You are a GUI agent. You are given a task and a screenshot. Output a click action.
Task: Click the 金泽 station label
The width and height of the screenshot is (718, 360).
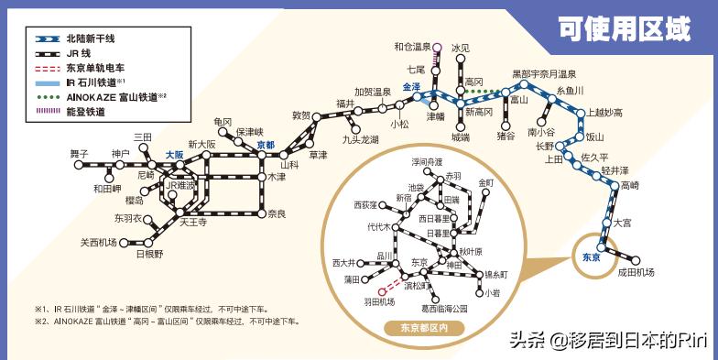coord(411,87)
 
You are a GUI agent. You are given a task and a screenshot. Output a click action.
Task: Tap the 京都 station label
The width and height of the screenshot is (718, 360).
coord(266,145)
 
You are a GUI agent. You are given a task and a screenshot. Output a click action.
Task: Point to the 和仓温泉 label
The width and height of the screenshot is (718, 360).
coord(412,47)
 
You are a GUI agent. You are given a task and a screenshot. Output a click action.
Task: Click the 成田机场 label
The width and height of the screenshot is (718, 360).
coord(636,272)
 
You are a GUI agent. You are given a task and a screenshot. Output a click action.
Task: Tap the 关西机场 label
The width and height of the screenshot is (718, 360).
coord(98,243)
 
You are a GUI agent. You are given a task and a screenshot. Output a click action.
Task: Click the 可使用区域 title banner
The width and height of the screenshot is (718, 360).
coord(625,29)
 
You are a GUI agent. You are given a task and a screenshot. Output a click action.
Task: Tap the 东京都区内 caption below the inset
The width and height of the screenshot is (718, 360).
coord(418,327)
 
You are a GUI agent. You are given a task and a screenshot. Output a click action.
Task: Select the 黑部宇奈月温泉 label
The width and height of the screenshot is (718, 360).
coord(544,73)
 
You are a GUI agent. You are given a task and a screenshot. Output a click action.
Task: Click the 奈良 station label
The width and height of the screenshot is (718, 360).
coord(277,213)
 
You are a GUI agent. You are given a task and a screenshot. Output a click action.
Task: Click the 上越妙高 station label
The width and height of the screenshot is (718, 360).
coord(605,112)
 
